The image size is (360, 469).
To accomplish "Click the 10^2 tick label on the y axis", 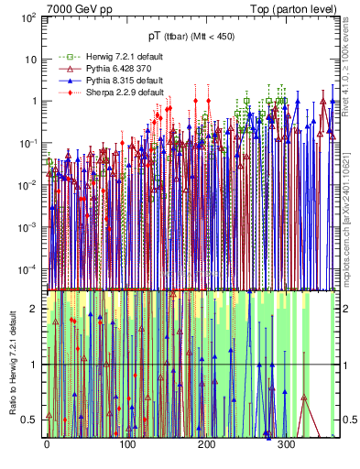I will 28,18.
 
